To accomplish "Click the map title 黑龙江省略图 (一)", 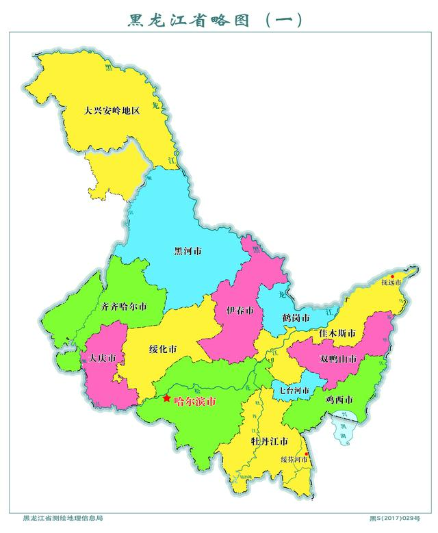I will (x=215, y=20).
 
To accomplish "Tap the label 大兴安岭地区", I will (x=112, y=109).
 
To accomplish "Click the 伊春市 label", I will (x=240, y=311).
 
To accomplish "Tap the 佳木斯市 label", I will (x=337, y=334).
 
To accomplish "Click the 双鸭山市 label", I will (x=338, y=359).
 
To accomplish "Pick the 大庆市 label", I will (x=103, y=359).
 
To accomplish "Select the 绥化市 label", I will (x=163, y=349).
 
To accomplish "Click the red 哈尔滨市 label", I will (x=195, y=402).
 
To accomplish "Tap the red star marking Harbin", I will (x=166, y=398).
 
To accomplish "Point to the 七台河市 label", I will (x=294, y=391).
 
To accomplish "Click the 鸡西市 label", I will (x=339, y=399).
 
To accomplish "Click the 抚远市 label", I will (x=391, y=283).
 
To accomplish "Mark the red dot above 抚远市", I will (x=392, y=276).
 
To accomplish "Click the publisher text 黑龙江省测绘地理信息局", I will (x=63, y=518).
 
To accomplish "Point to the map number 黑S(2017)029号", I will (x=394, y=519).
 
